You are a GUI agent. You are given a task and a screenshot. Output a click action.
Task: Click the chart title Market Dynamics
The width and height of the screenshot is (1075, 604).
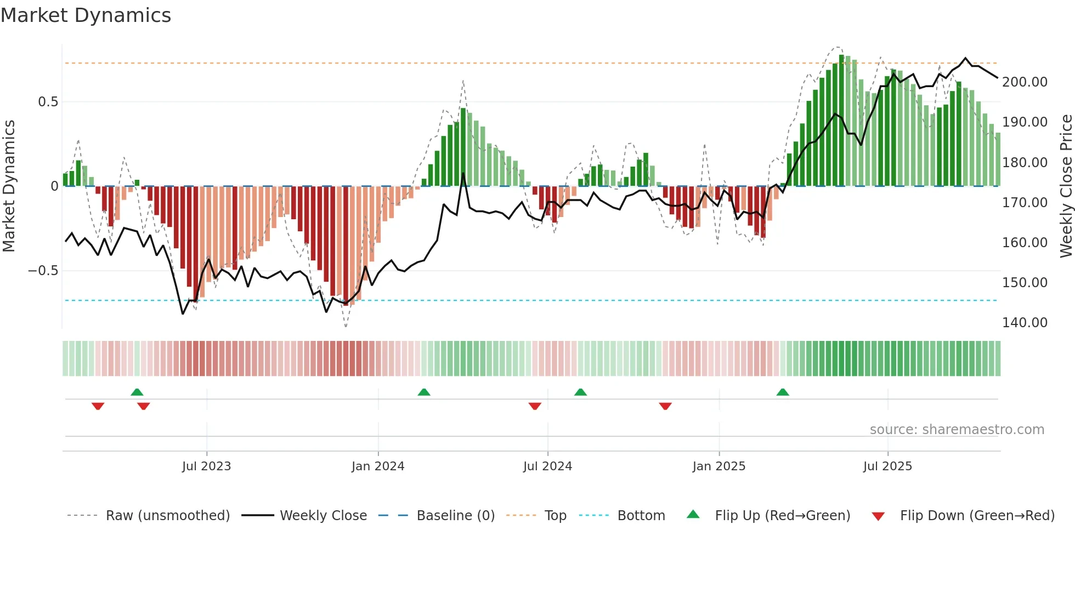86,15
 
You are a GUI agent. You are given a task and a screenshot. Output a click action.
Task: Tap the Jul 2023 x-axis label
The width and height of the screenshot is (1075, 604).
206,466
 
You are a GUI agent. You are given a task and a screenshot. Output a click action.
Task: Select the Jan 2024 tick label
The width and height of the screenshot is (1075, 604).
378,466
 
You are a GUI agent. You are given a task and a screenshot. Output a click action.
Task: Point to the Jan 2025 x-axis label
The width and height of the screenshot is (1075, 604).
718,466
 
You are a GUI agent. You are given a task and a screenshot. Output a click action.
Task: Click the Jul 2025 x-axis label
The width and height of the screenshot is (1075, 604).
887,466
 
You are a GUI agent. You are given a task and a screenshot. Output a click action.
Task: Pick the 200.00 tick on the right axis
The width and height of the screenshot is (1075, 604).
1025,82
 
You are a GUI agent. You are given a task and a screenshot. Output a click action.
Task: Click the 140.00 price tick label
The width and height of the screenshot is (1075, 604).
1025,323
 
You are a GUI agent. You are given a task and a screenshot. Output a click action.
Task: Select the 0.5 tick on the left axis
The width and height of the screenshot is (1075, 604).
48,102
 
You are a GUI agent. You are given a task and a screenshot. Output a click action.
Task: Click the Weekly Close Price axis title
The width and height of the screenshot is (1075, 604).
1066,186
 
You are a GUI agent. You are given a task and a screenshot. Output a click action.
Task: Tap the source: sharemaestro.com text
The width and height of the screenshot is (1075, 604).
957,430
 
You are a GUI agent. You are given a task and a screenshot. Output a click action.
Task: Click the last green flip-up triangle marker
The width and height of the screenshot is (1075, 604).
783,392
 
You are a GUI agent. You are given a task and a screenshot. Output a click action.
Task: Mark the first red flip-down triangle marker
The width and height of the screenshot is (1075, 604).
98,406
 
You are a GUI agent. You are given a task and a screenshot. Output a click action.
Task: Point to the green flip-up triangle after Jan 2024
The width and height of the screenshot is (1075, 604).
424,392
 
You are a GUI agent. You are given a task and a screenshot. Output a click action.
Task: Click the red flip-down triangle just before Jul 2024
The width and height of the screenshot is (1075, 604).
535,406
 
